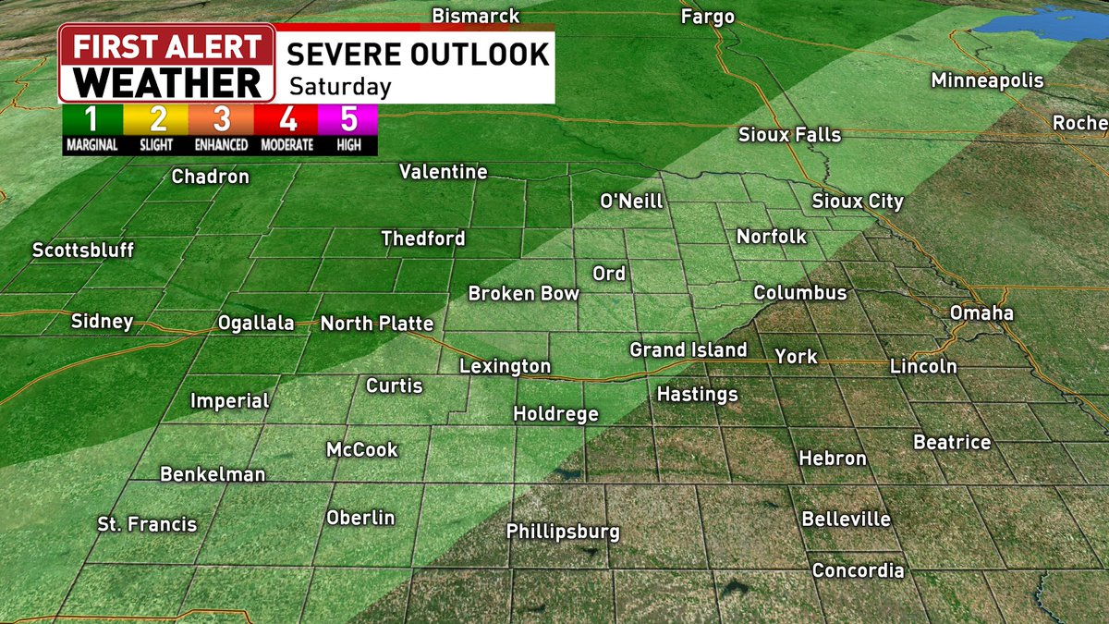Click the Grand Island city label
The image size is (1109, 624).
pos(688,350)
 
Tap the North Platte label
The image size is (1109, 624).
pos(377,324)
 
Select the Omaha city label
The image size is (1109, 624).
pos(982,313)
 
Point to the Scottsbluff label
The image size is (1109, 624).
pos(83,251)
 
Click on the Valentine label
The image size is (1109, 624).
pos(443,172)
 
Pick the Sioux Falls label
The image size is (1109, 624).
pos(789,135)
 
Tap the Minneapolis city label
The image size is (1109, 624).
pos(987,80)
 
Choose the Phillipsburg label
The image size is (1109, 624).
pos(563,532)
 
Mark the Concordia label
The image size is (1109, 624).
pos(858,571)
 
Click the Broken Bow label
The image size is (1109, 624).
pos(523,294)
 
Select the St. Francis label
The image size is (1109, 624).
pos(147,525)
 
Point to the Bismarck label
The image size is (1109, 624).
pos(476,17)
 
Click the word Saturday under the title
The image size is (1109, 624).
pos(339,88)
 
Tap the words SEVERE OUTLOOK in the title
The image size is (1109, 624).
pos(418,54)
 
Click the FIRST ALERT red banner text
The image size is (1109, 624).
pos(166,46)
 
